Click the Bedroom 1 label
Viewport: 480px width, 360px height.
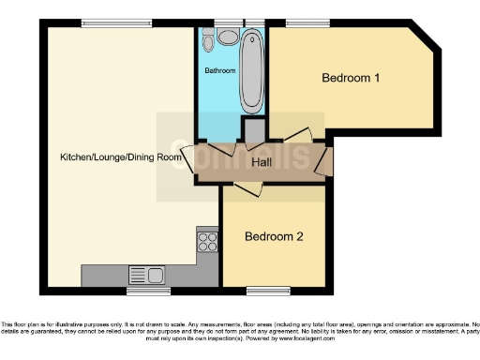coord(351,79)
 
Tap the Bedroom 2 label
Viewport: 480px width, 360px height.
coord(274,237)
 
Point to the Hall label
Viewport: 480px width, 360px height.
coord(263,163)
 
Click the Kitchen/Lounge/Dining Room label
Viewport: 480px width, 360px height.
coord(121,157)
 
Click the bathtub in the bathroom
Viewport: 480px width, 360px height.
coord(250,69)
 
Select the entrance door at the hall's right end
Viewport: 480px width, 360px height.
coord(324,161)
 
